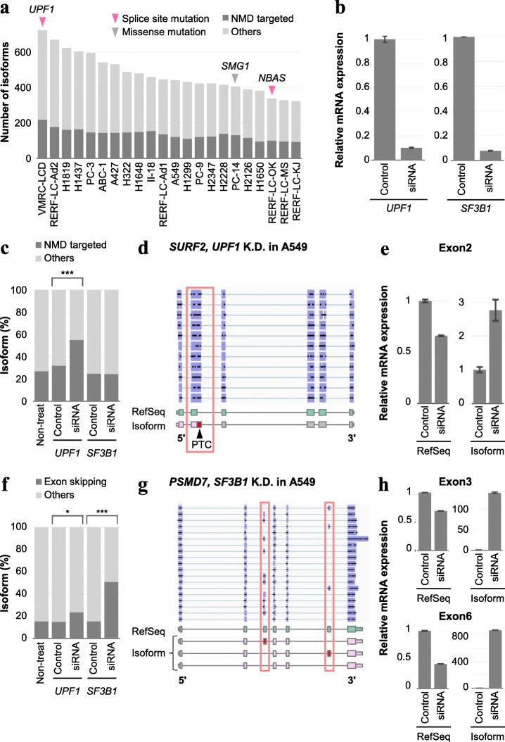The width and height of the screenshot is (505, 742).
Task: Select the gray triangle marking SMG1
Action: click(235, 77)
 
